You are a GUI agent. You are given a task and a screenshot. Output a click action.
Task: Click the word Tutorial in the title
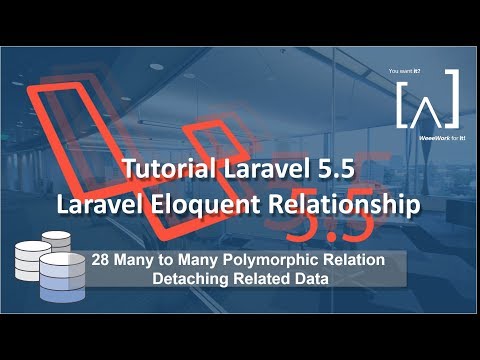[162, 171]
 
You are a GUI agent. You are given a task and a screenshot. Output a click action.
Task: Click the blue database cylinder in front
[63, 279]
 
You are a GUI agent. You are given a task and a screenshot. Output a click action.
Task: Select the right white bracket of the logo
[451, 100]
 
